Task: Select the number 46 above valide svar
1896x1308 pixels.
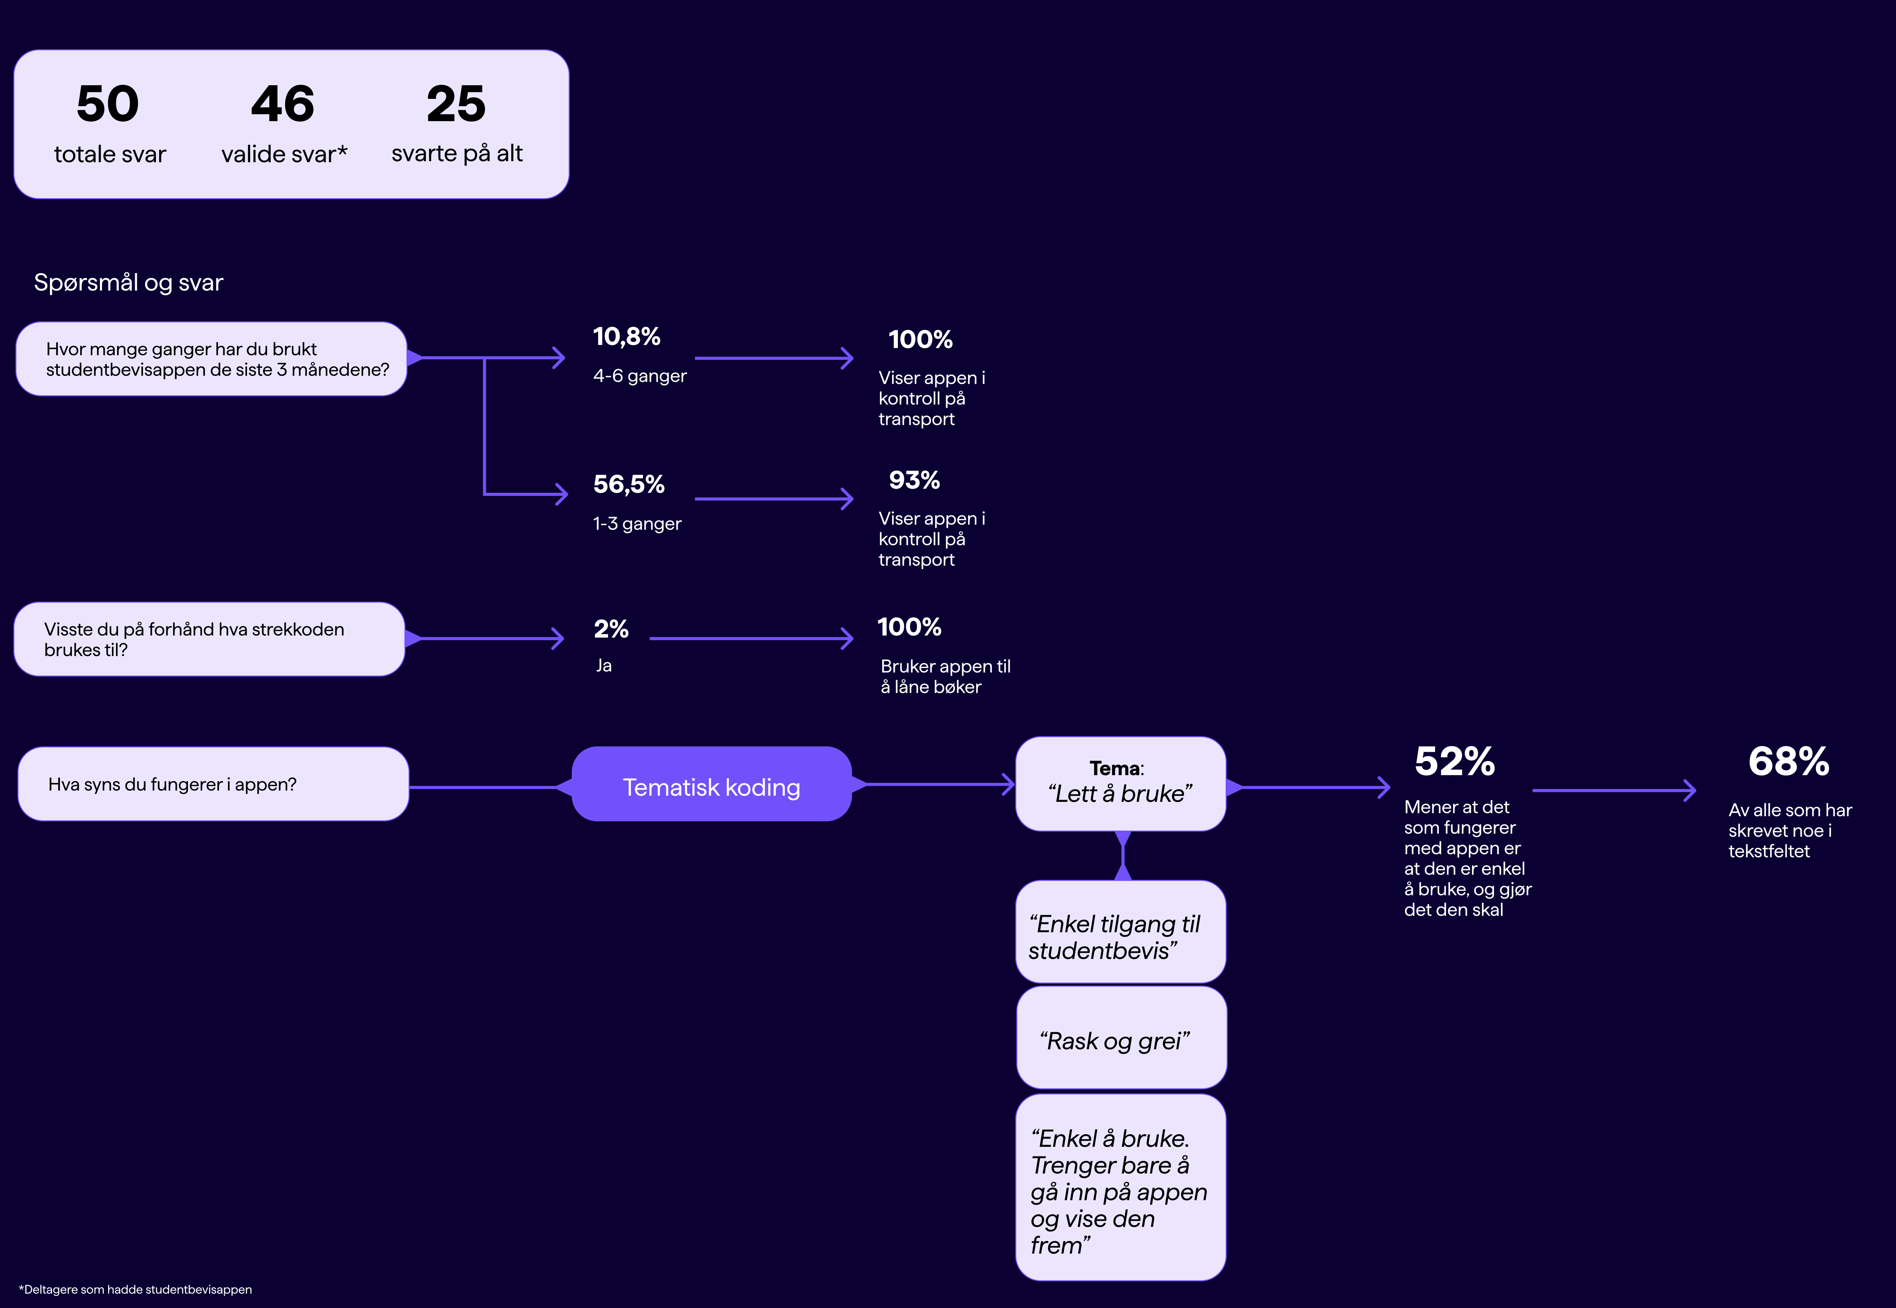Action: tap(283, 104)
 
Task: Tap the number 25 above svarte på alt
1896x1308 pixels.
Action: tap(456, 104)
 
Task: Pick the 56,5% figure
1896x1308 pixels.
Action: tap(629, 484)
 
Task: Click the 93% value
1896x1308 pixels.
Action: tap(914, 480)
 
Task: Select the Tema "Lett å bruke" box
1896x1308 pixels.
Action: tap(1120, 783)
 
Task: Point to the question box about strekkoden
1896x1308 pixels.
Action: tap(209, 639)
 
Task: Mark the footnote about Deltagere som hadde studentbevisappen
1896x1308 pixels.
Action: tap(135, 1289)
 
